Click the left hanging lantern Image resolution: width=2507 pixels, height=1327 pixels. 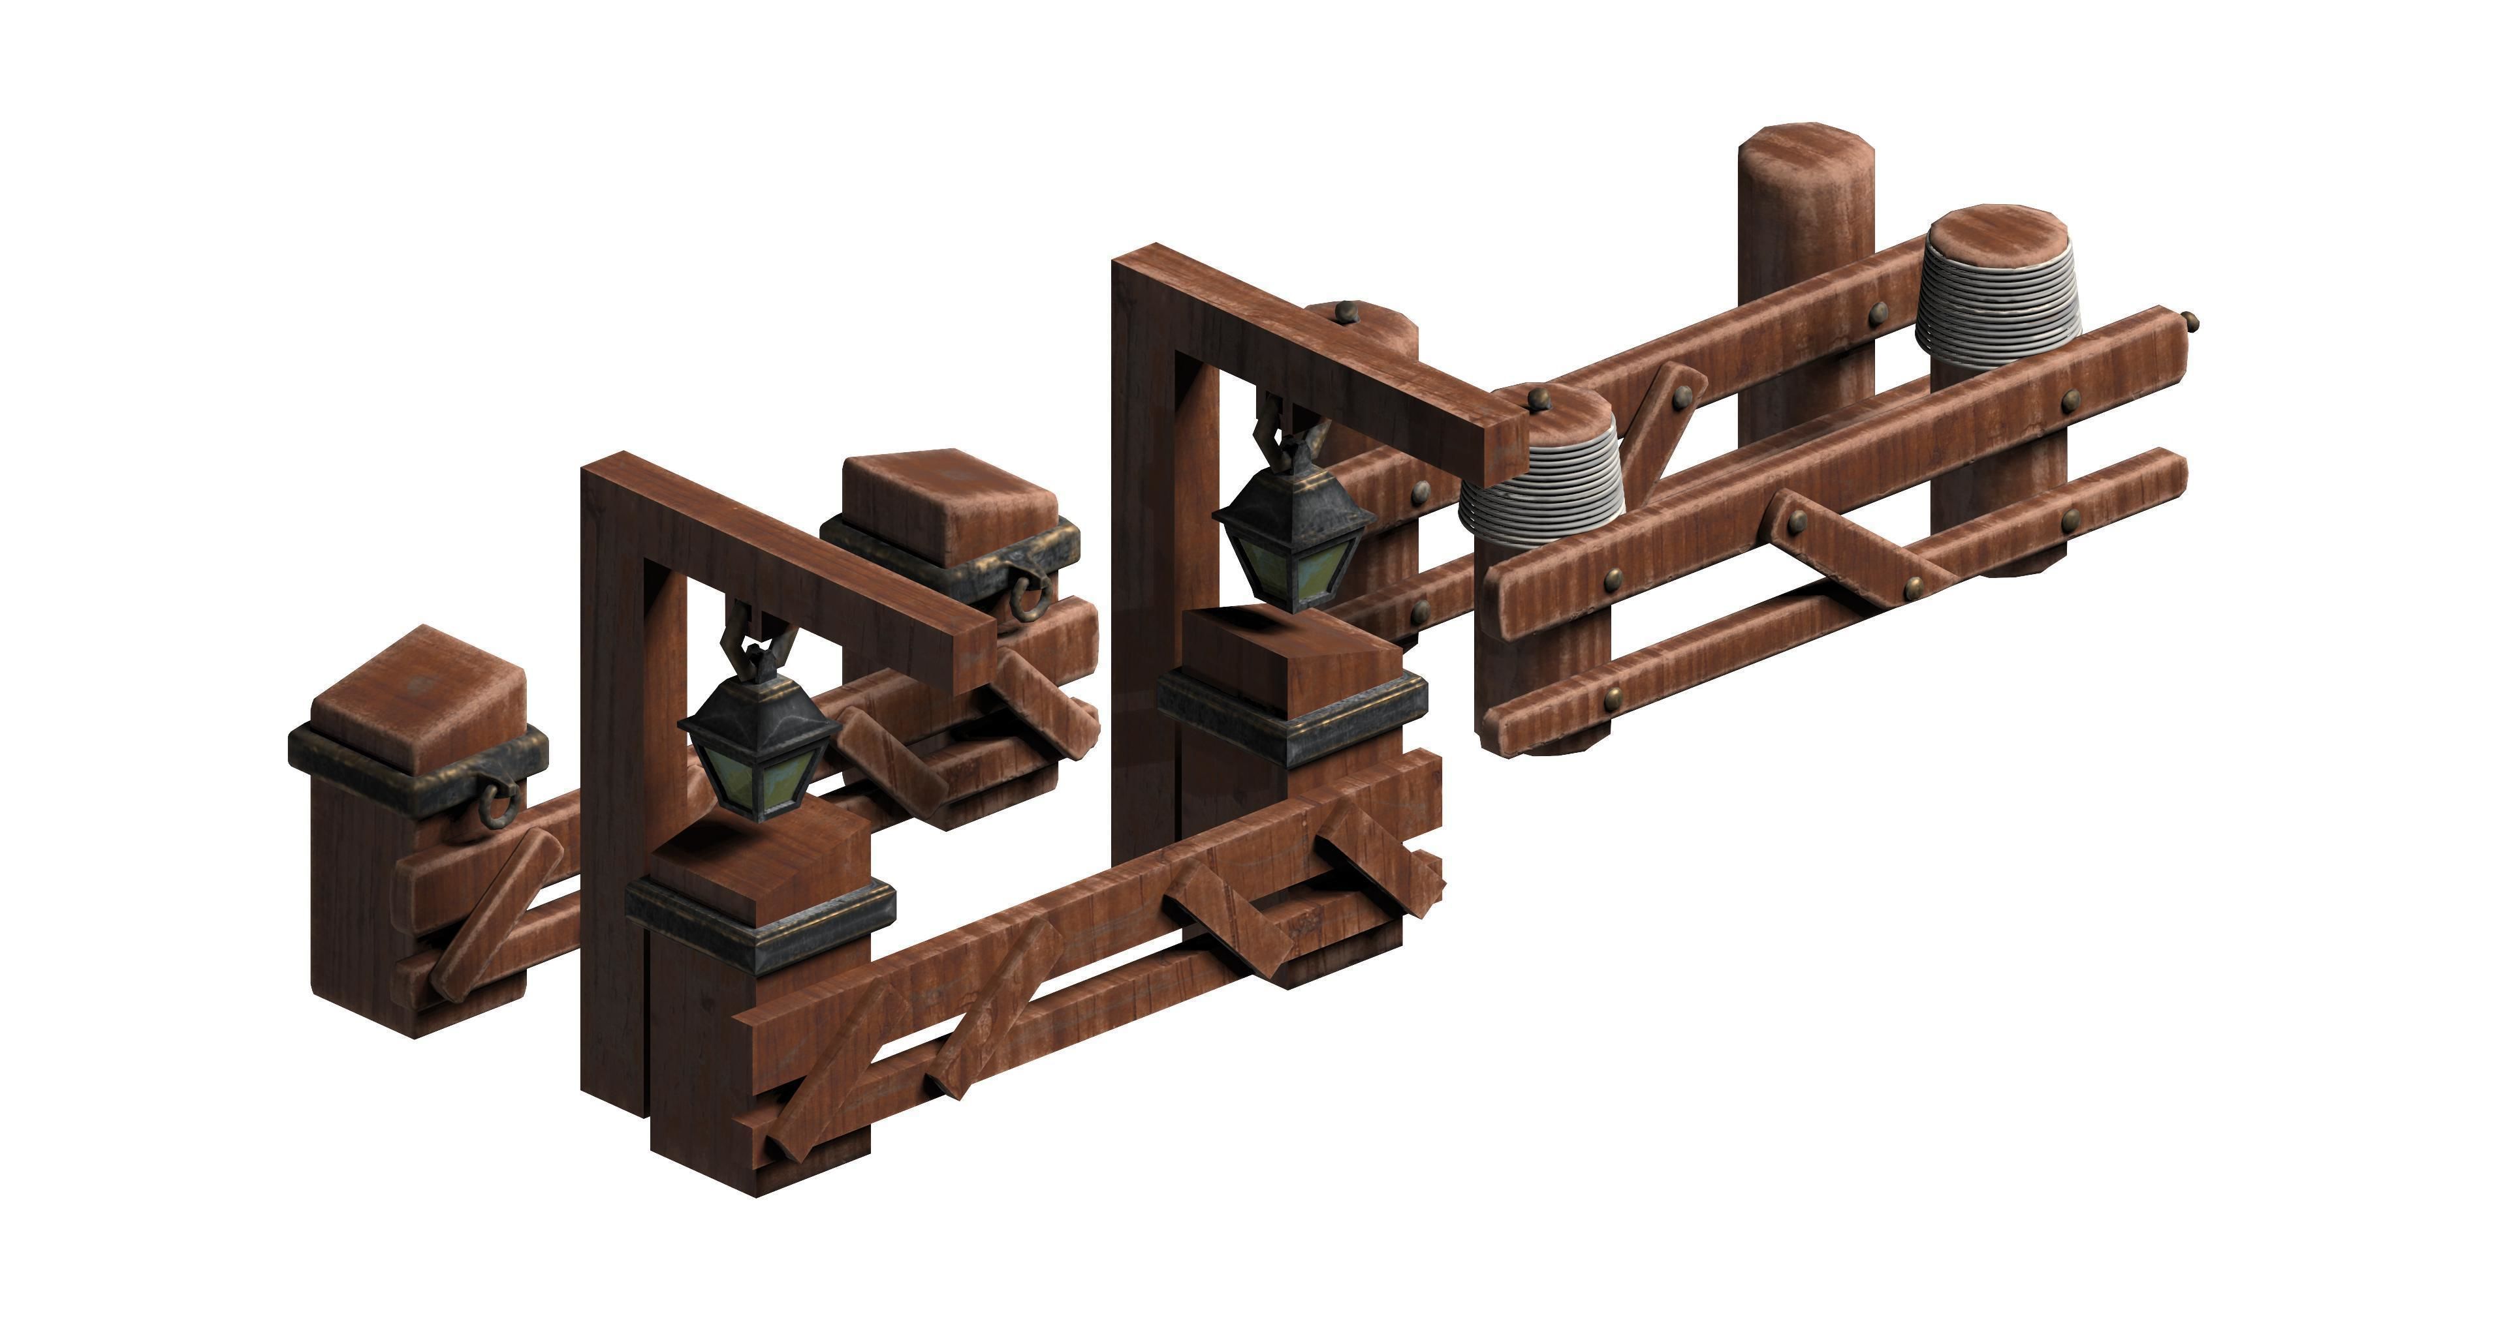tap(760, 739)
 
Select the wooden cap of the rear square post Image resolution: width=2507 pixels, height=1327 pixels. tap(949, 496)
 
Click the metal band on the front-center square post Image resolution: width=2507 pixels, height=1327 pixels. tap(759, 919)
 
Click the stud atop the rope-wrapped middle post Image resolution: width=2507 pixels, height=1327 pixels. tap(1537, 398)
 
